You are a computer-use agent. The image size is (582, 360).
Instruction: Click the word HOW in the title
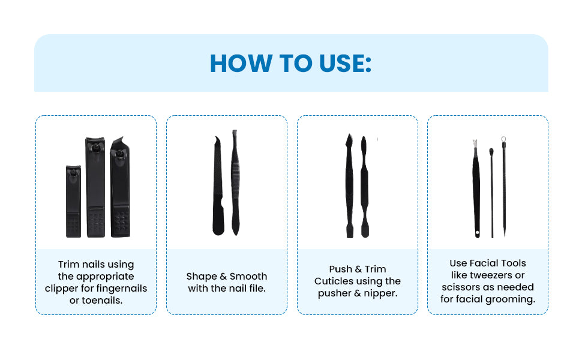(241, 64)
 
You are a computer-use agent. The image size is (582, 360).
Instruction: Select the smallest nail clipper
(73, 201)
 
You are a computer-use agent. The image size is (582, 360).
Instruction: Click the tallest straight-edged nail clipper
(95, 187)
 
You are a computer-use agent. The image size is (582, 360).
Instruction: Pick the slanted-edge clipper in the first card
(120, 187)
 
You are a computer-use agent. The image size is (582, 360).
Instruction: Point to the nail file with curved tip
(218, 185)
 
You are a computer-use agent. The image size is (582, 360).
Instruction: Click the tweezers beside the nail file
(235, 182)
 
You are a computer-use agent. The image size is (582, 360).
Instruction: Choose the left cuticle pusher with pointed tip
(349, 185)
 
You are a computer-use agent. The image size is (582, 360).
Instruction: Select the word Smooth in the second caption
(248, 276)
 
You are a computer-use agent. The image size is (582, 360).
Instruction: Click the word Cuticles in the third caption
(334, 281)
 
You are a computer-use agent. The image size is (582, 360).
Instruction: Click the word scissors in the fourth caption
(460, 287)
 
